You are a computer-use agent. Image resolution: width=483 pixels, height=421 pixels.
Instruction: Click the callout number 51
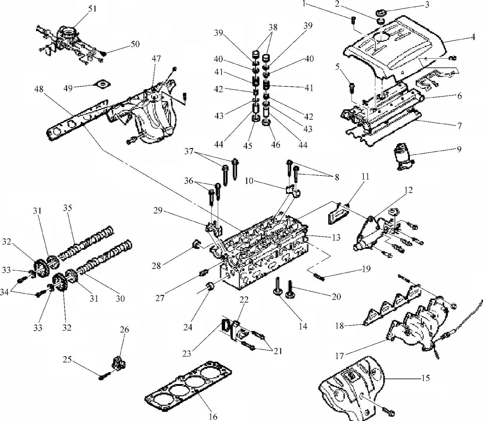point(92,9)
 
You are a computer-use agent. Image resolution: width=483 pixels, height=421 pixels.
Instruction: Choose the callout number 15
point(425,378)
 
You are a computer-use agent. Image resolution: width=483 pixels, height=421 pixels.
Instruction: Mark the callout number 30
point(120,298)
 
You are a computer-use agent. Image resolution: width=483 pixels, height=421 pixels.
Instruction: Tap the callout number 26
point(124,330)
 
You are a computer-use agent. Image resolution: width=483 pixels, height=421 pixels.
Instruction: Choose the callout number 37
point(190,151)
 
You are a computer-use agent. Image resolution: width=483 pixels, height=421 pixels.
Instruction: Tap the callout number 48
point(39,89)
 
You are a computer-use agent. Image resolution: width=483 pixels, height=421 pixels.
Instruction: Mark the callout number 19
point(366,269)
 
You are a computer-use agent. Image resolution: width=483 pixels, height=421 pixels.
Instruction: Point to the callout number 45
point(248,146)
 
